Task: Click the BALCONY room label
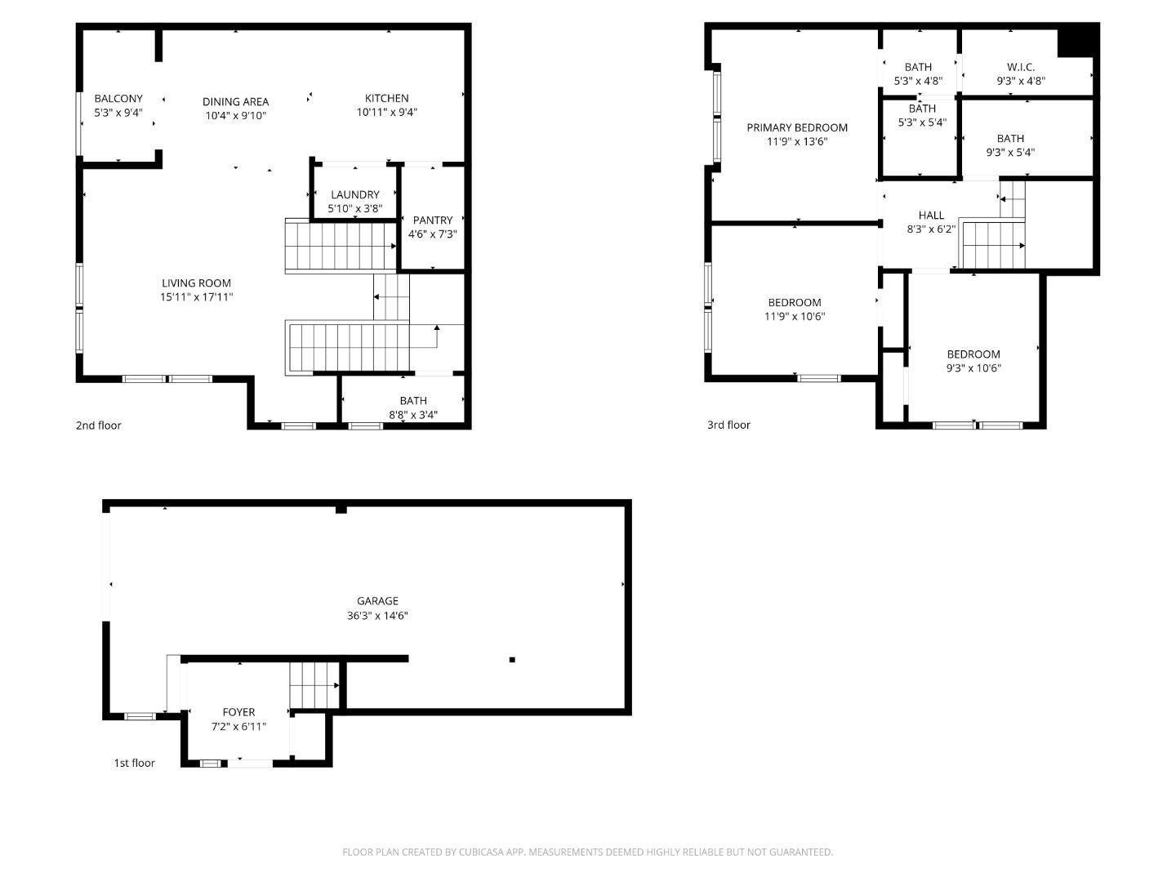pyautogui.click(x=118, y=99)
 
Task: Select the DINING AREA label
pyautogui.click(x=235, y=102)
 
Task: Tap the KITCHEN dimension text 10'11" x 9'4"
pyautogui.click(x=386, y=113)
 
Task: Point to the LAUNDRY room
pyautogui.click(x=354, y=195)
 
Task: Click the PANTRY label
pyautogui.click(x=432, y=220)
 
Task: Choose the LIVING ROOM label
pyautogui.click(x=196, y=283)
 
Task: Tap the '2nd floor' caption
pyautogui.click(x=98, y=425)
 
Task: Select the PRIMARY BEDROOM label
pyautogui.click(x=796, y=127)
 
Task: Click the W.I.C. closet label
pyautogui.click(x=1020, y=67)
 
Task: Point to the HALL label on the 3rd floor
pyautogui.click(x=930, y=216)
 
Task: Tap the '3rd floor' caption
pyautogui.click(x=728, y=425)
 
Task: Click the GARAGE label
pyautogui.click(x=377, y=601)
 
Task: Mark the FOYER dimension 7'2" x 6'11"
pyautogui.click(x=238, y=727)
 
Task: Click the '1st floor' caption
pyautogui.click(x=134, y=763)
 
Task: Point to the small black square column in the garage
pyautogui.click(x=512, y=659)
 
